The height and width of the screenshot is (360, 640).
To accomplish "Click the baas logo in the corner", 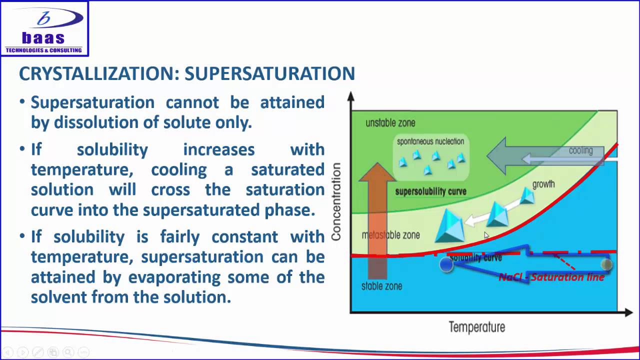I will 44,28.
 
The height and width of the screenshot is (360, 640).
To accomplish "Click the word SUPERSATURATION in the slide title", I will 269,74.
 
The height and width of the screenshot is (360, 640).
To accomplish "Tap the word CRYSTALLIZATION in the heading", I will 98,74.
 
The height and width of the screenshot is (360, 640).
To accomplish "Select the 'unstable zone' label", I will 390,123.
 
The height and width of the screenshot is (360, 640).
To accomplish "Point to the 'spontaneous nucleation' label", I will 430,141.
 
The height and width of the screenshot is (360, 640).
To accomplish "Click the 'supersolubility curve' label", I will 430,191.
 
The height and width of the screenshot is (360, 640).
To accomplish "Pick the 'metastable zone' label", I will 390,235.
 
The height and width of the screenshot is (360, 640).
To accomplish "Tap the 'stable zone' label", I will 381,286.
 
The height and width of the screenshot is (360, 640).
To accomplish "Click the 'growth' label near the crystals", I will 543,184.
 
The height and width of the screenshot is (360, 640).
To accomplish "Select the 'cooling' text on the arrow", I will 580,150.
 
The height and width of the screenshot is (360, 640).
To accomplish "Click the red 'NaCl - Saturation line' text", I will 551,277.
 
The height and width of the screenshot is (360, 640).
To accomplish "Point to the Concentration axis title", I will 336,201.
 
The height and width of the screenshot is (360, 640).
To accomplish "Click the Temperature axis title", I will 476,327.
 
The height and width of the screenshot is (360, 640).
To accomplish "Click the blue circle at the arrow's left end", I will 446,265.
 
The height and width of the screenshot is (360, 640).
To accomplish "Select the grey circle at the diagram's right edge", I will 606,264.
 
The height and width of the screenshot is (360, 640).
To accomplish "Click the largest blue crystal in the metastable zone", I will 449,227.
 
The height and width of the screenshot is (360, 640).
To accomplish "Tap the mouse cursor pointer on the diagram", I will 486,235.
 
